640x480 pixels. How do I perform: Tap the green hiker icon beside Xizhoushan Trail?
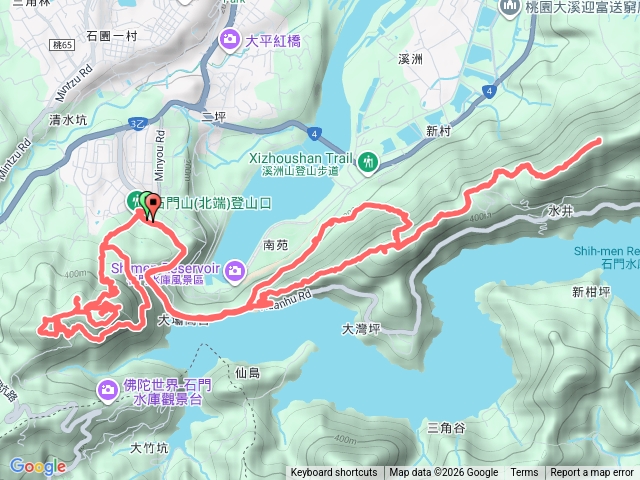(369, 160)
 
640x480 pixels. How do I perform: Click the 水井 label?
(560, 212)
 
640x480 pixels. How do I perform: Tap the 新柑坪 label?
(591, 292)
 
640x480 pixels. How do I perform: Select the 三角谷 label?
(446, 428)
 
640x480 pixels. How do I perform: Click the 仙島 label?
(248, 373)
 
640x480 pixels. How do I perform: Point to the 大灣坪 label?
(361, 328)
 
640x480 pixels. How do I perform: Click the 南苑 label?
(277, 243)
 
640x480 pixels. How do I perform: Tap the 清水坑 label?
(68, 119)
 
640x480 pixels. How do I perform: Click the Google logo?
(38, 466)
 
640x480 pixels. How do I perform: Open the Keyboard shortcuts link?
(334, 473)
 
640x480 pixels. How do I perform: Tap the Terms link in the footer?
(524, 473)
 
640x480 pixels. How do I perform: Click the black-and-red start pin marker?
(153, 207)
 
